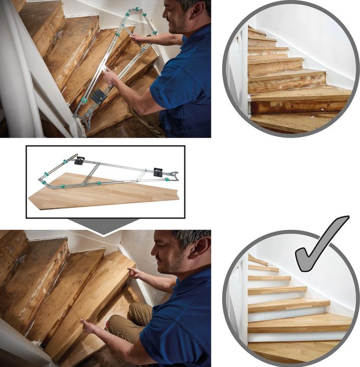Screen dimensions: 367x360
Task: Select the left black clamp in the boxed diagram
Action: [79, 161]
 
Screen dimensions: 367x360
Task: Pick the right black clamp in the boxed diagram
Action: [158, 172]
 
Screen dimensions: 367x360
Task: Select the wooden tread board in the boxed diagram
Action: [102, 193]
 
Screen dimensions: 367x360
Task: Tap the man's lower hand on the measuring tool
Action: [109, 76]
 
